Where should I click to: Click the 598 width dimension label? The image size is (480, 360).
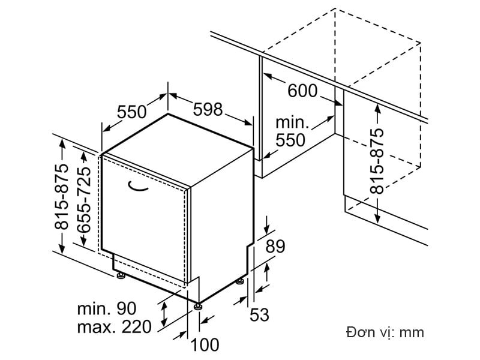point(207,110)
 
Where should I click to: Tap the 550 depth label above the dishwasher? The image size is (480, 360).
point(132,112)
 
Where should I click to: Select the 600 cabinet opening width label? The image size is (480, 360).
point(302,91)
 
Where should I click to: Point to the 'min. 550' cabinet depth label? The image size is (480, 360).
point(291,131)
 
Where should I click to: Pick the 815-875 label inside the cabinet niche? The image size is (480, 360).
point(376,161)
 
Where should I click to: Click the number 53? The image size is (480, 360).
point(259,314)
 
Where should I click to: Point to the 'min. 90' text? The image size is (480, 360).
point(107,309)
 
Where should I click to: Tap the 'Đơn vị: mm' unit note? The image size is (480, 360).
point(385,332)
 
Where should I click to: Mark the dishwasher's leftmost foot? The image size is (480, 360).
point(121,276)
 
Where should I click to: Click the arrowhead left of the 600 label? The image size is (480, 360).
point(268,77)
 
